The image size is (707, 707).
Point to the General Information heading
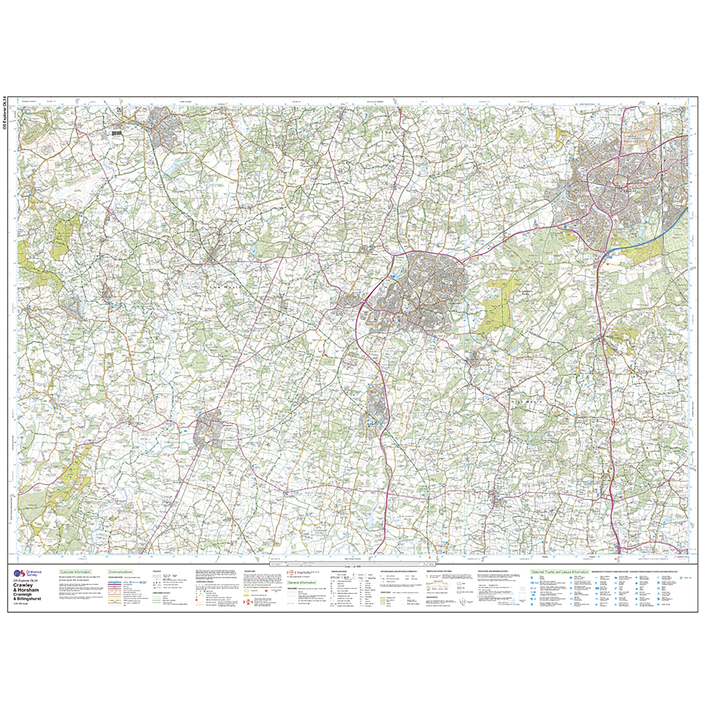pos(302,582)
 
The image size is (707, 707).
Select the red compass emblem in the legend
pos(292,573)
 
